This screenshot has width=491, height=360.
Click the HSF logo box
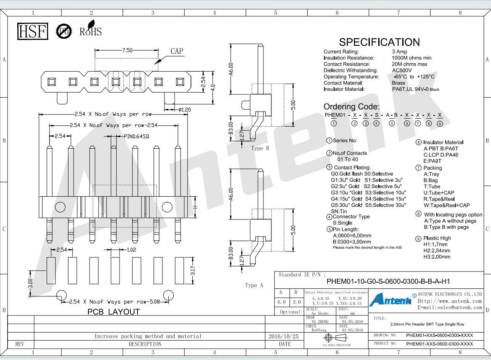pyautogui.click(x=32, y=31)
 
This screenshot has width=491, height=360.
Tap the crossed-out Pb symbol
pyautogui.click(x=64, y=31)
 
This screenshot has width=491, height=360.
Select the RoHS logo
pyautogui.click(x=90, y=29)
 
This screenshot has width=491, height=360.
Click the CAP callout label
pyautogui.click(x=177, y=51)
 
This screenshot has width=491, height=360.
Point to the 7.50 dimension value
pyautogui.click(x=127, y=50)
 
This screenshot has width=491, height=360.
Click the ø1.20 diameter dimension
pyautogui.click(x=184, y=109)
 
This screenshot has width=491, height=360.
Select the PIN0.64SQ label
pyautogui.click(x=136, y=136)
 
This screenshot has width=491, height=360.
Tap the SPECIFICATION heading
pyautogui.click(x=379, y=42)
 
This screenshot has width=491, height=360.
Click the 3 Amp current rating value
pyautogui.click(x=400, y=52)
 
